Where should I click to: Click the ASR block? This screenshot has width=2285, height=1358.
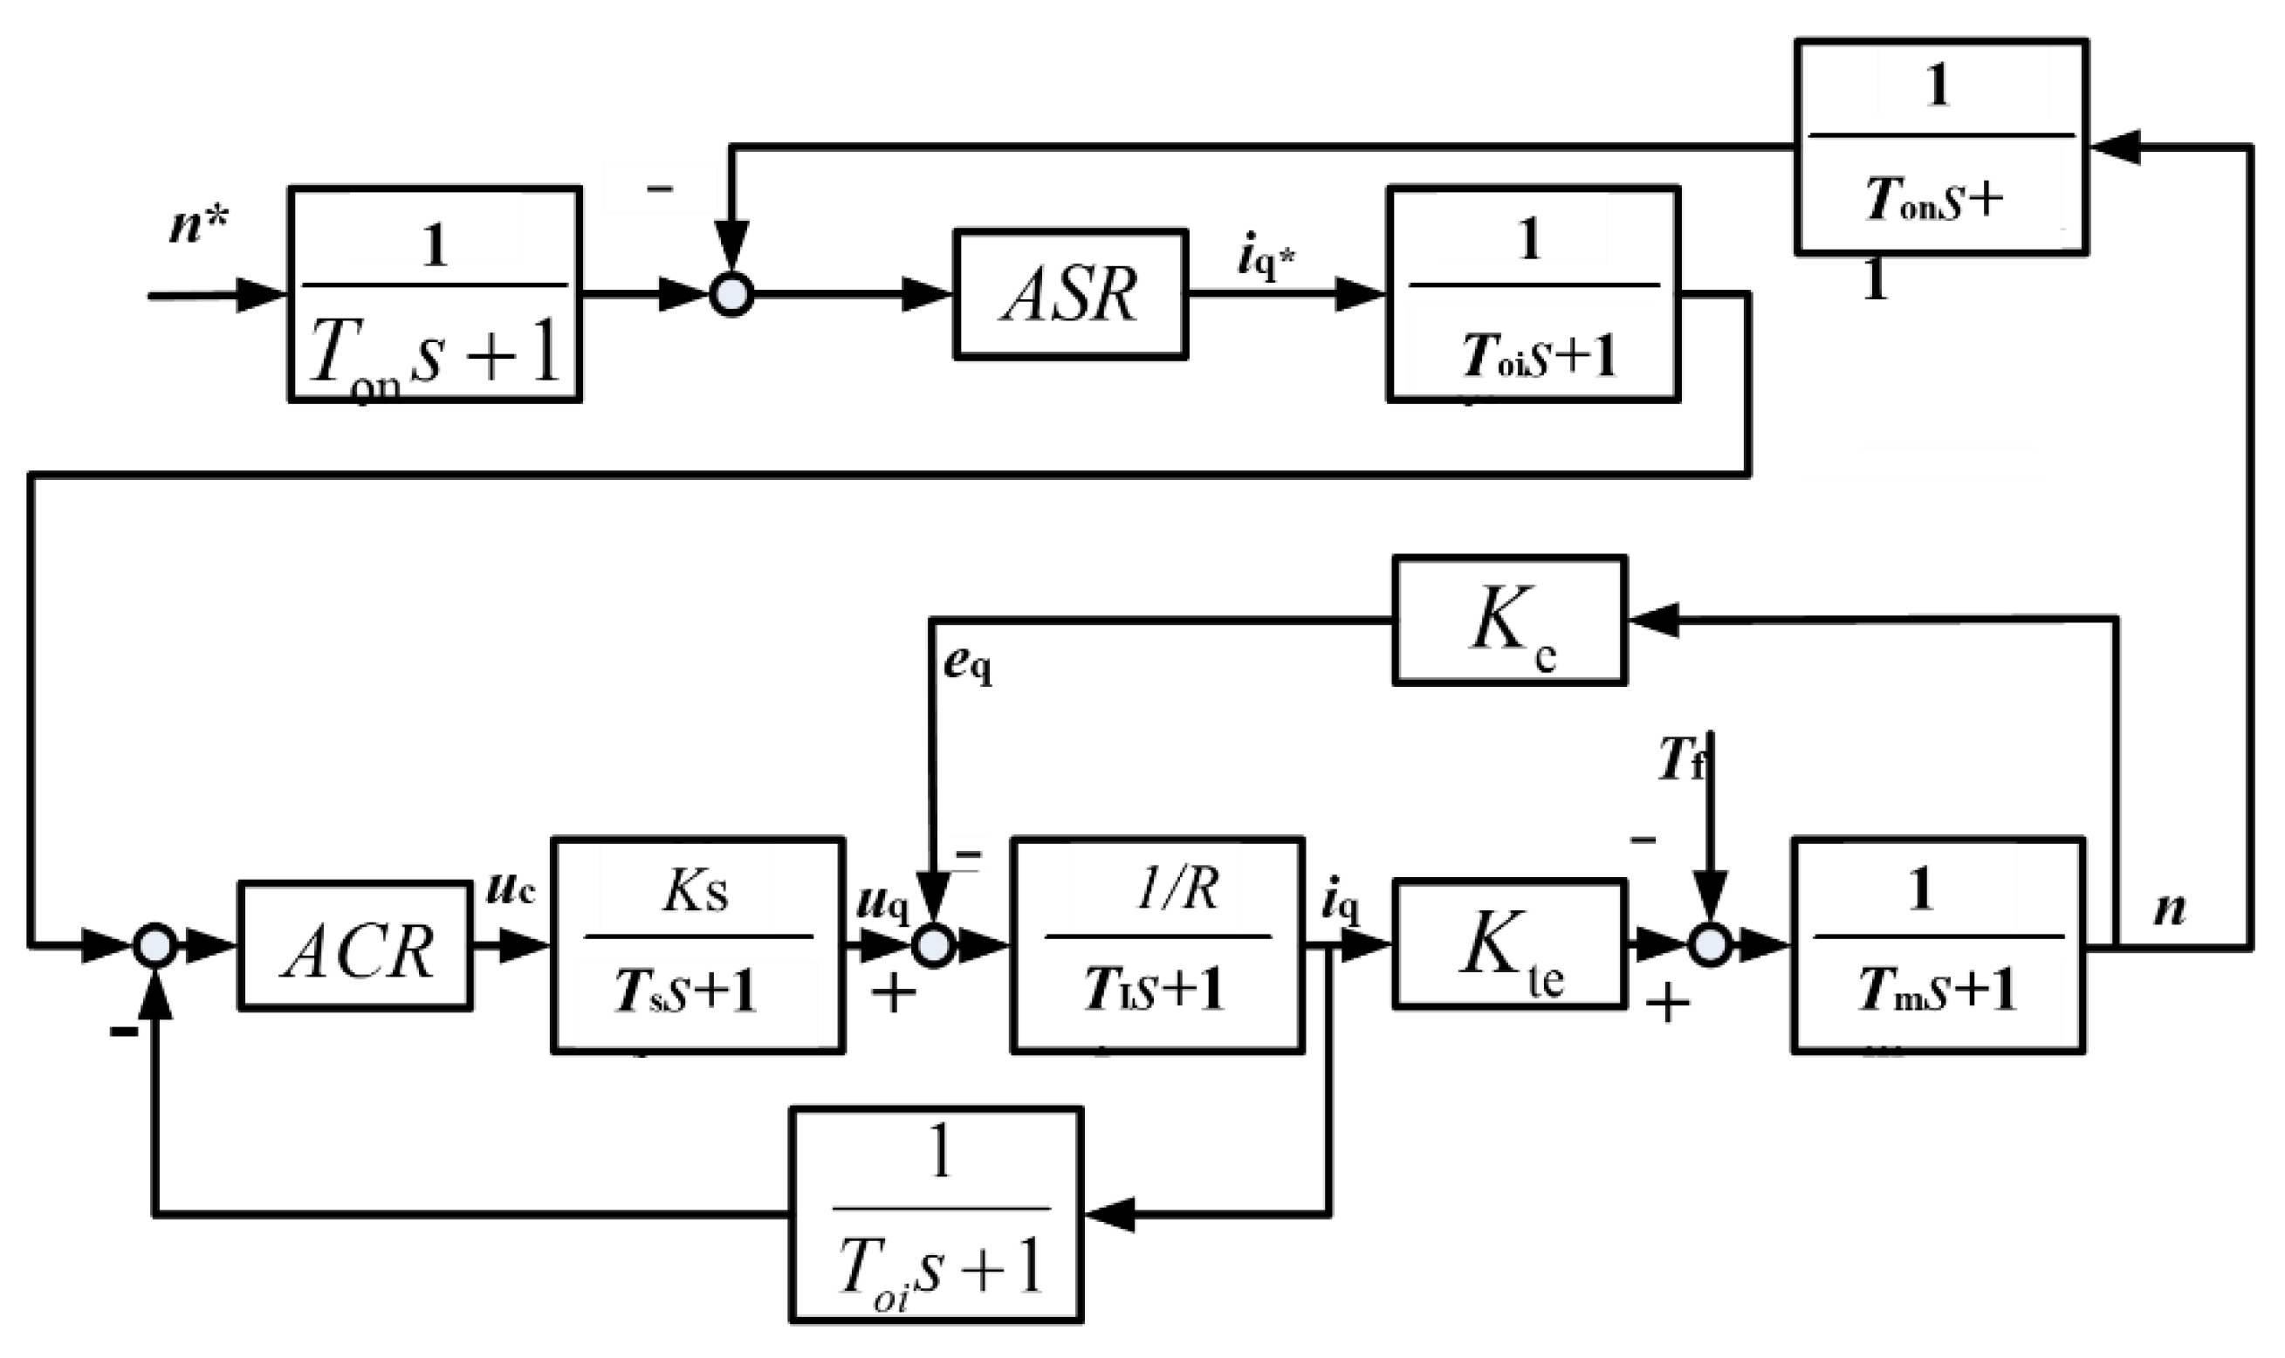[x=1070, y=294]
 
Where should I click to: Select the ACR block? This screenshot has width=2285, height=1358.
[x=355, y=945]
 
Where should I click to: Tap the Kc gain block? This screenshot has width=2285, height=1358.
[x=1509, y=620]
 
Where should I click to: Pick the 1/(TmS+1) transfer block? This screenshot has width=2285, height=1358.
[x=1938, y=945]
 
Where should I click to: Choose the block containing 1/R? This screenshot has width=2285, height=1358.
[x=1156, y=945]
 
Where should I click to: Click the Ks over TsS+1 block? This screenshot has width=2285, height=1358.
[x=697, y=945]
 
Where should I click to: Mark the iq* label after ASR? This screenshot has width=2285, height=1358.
[x=1266, y=260]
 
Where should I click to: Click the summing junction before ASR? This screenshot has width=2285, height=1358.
[x=732, y=296]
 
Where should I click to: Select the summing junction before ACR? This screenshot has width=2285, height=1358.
[x=154, y=947]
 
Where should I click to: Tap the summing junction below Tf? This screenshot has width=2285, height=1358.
[x=1708, y=945]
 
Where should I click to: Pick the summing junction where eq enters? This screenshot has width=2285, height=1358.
[x=934, y=947]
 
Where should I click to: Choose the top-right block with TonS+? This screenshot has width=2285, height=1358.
[x=1940, y=147]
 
